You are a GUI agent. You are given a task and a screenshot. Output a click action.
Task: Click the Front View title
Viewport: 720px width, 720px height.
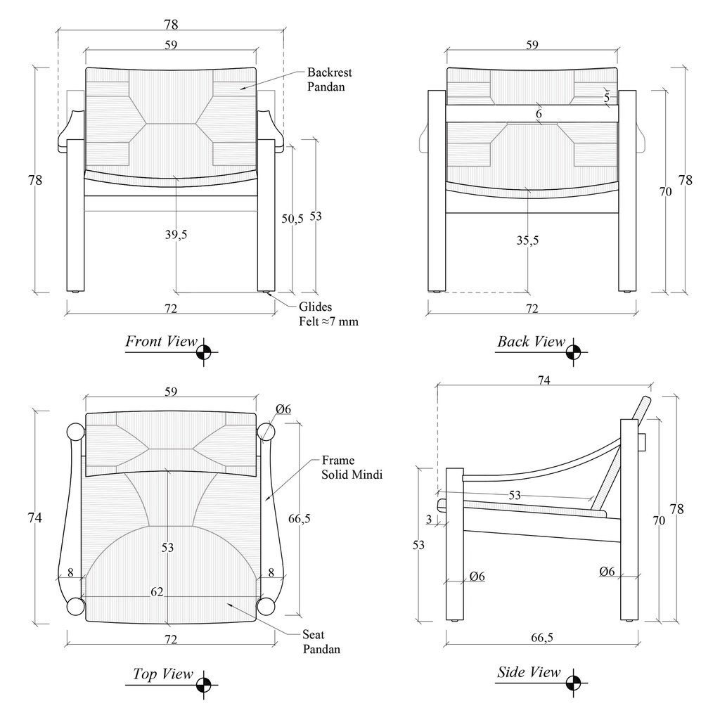161,342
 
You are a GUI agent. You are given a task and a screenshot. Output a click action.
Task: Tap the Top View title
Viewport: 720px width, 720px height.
162,674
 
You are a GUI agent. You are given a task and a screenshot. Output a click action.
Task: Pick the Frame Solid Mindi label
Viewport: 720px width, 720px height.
352,468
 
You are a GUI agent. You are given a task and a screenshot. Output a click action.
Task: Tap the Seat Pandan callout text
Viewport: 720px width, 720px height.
321,642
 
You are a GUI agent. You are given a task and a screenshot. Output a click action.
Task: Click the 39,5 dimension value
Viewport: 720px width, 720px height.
176,234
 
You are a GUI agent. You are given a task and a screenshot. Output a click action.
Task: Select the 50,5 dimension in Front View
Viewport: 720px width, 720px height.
292,219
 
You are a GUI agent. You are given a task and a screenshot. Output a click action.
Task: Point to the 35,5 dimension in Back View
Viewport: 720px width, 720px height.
527,240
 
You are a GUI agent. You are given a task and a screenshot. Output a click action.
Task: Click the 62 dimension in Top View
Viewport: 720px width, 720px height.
157,592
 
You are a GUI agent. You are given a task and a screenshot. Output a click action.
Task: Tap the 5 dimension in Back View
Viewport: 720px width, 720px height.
606,98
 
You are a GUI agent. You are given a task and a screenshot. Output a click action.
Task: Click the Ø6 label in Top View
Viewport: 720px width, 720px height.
283,409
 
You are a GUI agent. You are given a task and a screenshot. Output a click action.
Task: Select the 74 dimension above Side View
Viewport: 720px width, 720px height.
544,380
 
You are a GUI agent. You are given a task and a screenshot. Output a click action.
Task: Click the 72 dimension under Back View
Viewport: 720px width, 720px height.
532,309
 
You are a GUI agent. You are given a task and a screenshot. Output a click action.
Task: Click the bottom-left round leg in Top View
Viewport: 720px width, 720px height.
75,605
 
